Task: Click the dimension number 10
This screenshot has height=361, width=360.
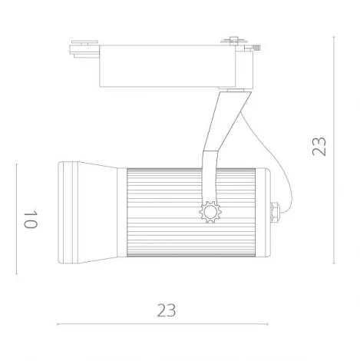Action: (x=30, y=219)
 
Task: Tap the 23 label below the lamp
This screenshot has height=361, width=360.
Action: (x=167, y=310)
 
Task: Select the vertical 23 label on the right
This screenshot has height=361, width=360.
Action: (x=319, y=146)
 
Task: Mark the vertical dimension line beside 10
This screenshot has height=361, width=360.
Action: (x=17, y=219)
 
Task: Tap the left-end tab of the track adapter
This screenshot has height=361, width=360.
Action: (x=84, y=48)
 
